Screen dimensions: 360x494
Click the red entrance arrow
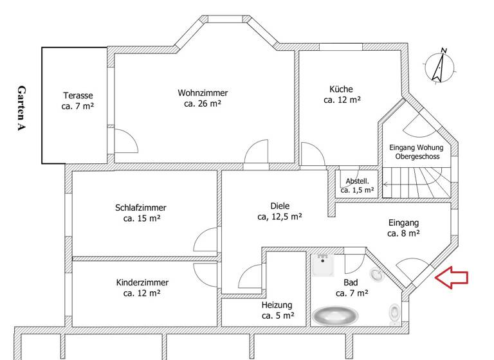pos(452,277)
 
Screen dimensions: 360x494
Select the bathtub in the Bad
pos(334,316)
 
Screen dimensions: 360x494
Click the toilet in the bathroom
pos(395,313)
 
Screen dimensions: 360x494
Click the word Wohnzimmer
pos(203,93)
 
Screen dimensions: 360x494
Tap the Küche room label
pos(341,89)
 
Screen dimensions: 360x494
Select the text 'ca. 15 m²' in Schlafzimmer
pos(141,219)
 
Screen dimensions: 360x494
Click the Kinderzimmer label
pos(142,282)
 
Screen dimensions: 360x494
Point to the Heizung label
pos(277,305)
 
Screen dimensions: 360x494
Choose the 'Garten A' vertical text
pos(22,108)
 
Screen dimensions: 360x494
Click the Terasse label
pos(78,95)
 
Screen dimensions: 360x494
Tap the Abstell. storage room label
pos(357,181)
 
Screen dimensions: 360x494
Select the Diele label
pos(280,206)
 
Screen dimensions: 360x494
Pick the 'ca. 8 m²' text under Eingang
pos(403,233)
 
